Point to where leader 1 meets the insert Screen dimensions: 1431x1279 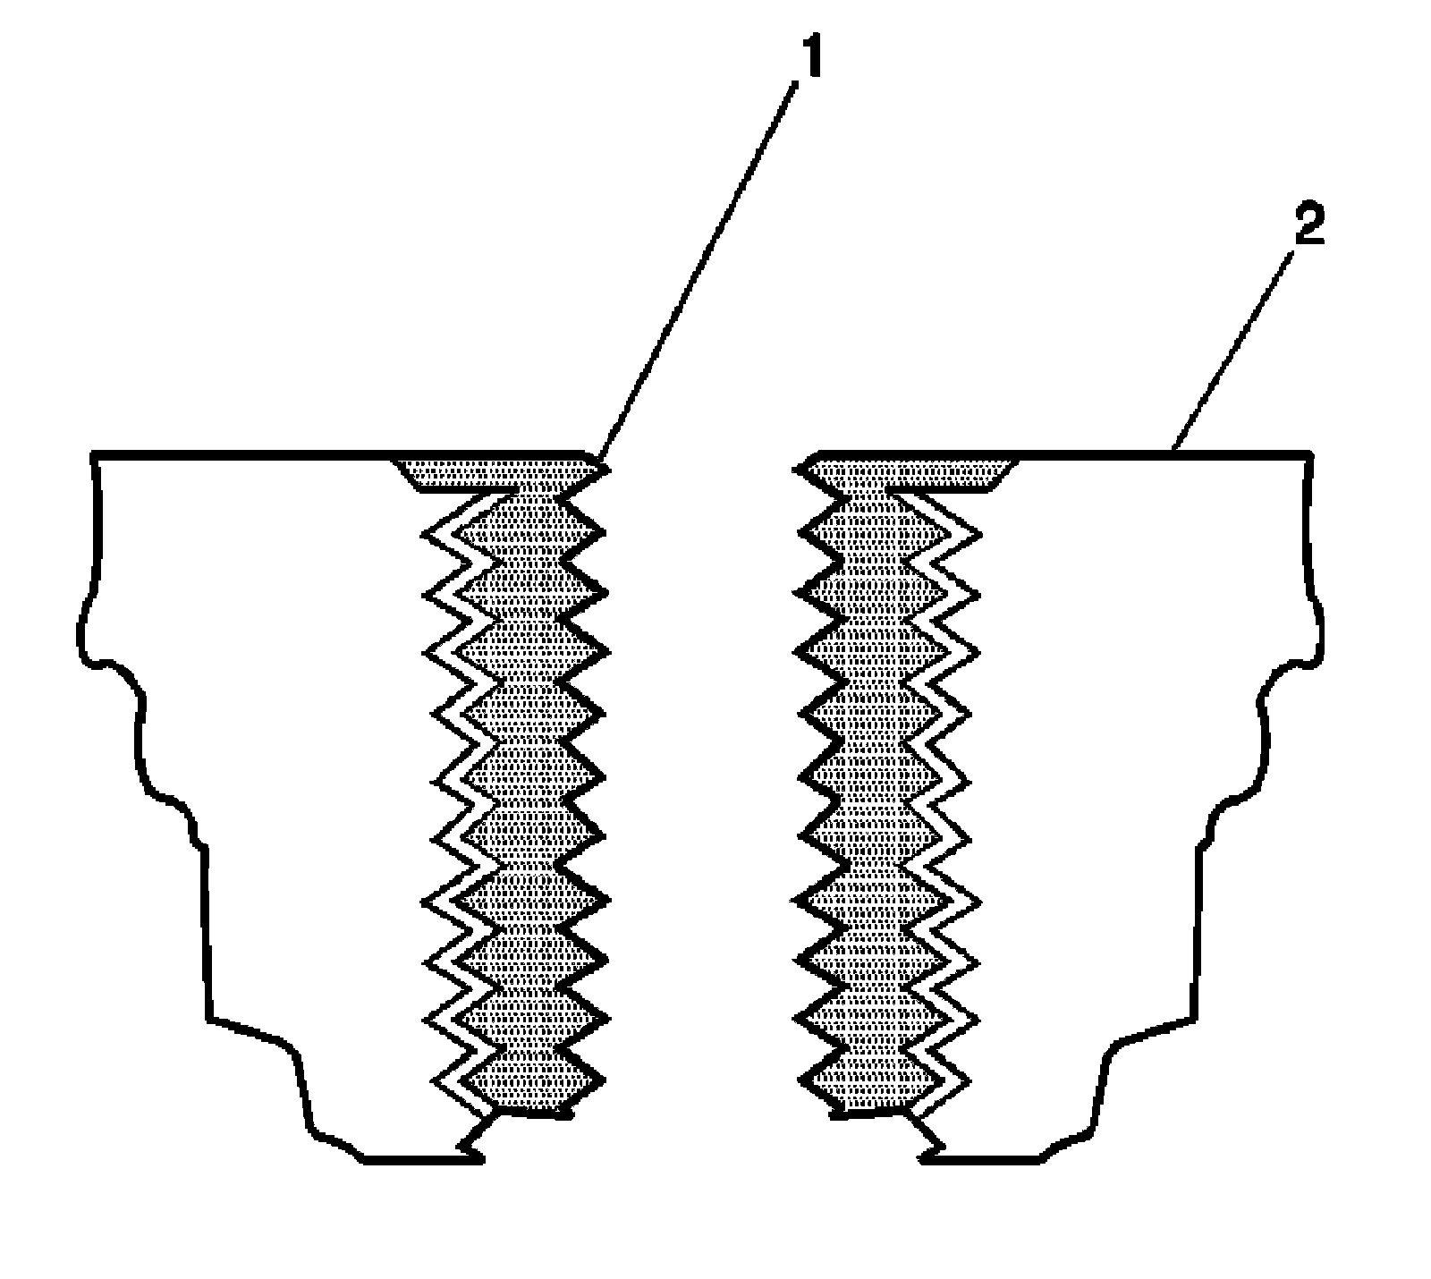point(601,463)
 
